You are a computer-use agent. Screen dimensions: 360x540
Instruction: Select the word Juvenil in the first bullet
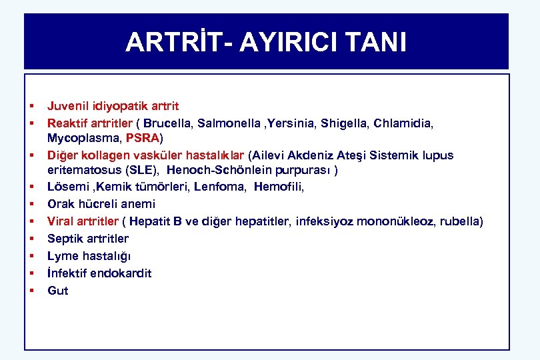pos(65,106)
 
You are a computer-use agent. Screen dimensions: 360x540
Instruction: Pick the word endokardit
pos(121,273)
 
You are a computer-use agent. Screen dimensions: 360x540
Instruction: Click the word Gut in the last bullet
pos(57,291)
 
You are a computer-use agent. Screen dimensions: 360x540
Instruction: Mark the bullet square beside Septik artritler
pos(31,238)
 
